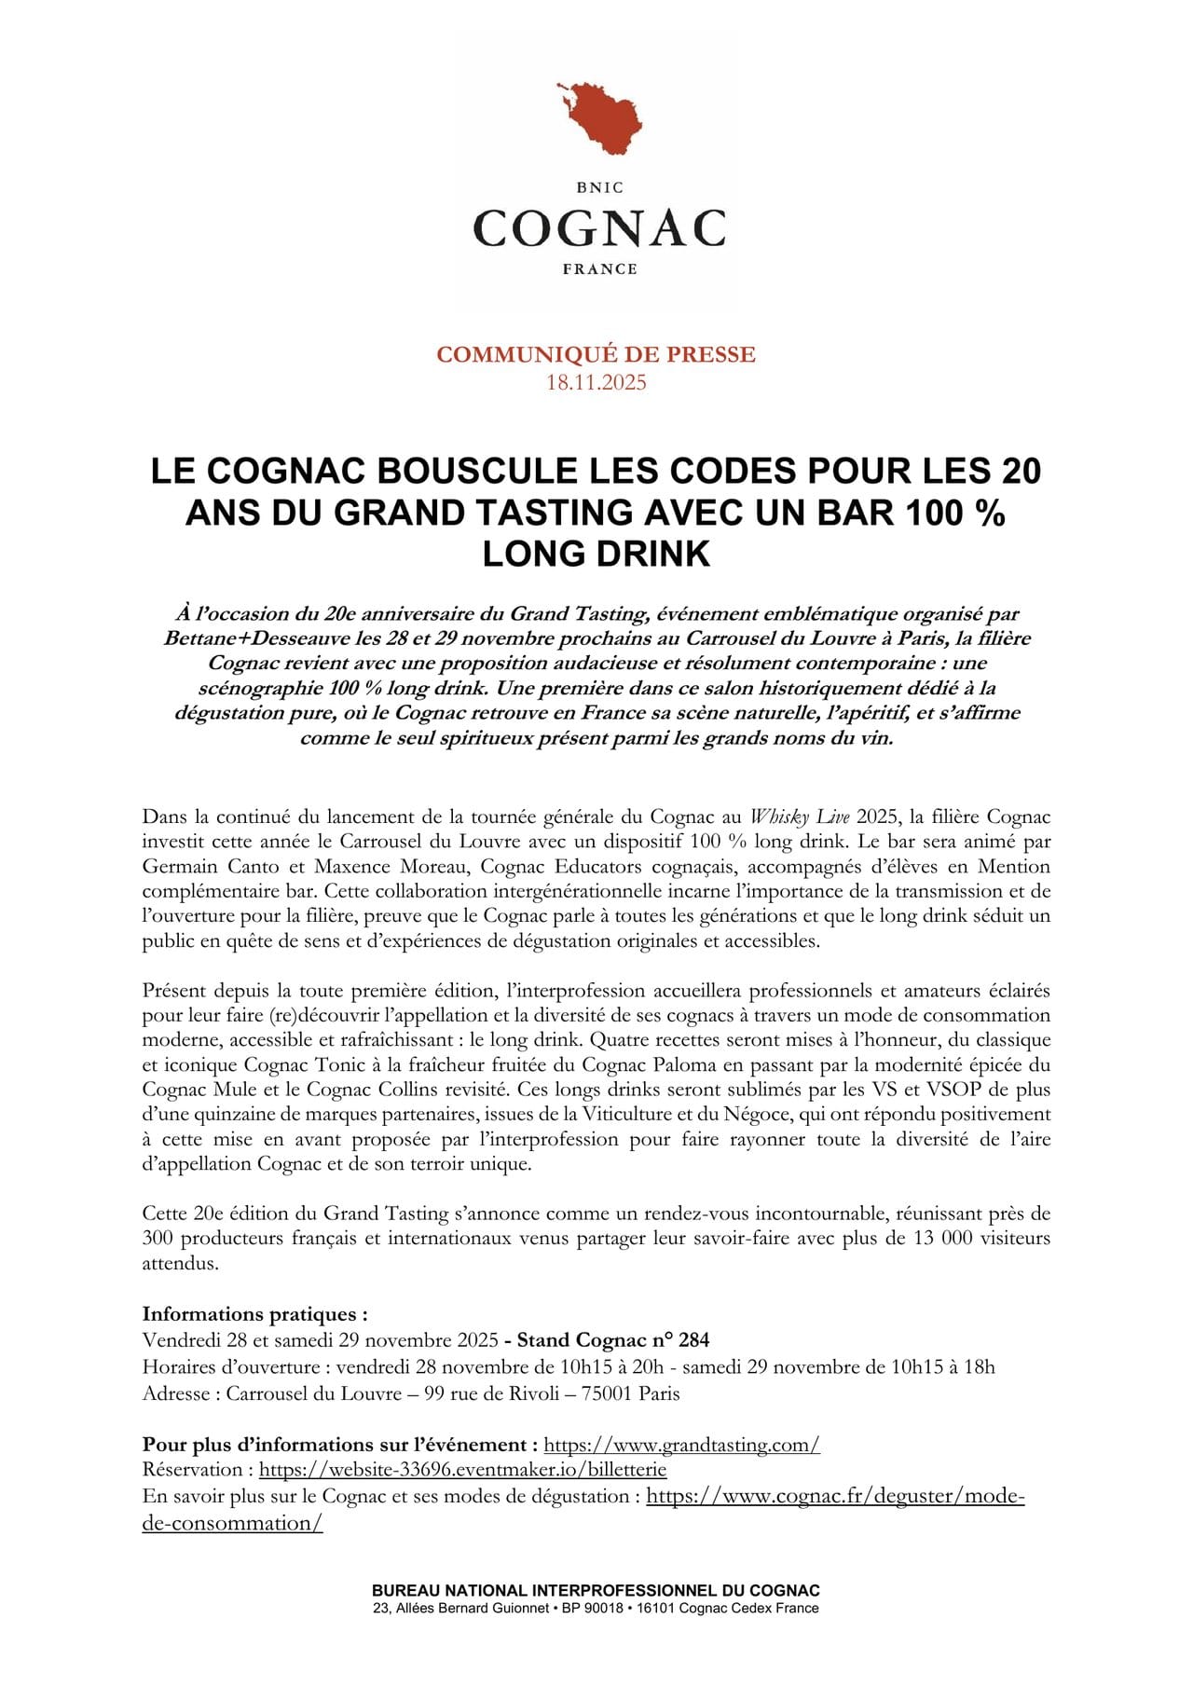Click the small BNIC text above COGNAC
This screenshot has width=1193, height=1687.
tap(599, 187)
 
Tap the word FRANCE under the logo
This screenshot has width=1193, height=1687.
tap(599, 269)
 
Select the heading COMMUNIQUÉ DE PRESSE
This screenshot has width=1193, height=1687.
tap(596, 354)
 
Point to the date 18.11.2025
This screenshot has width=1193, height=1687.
tap(596, 382)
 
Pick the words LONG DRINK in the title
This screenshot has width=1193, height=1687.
tap(596, 554)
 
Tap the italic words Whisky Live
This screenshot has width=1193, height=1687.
tap(800, 817)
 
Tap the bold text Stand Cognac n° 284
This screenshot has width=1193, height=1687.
tap(613, 1340)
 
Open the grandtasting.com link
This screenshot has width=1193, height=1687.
tap(681, 1445)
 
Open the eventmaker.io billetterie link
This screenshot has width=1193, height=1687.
tap(462, 1470)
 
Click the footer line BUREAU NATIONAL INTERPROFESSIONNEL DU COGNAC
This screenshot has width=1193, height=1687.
tap(596, 1591)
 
